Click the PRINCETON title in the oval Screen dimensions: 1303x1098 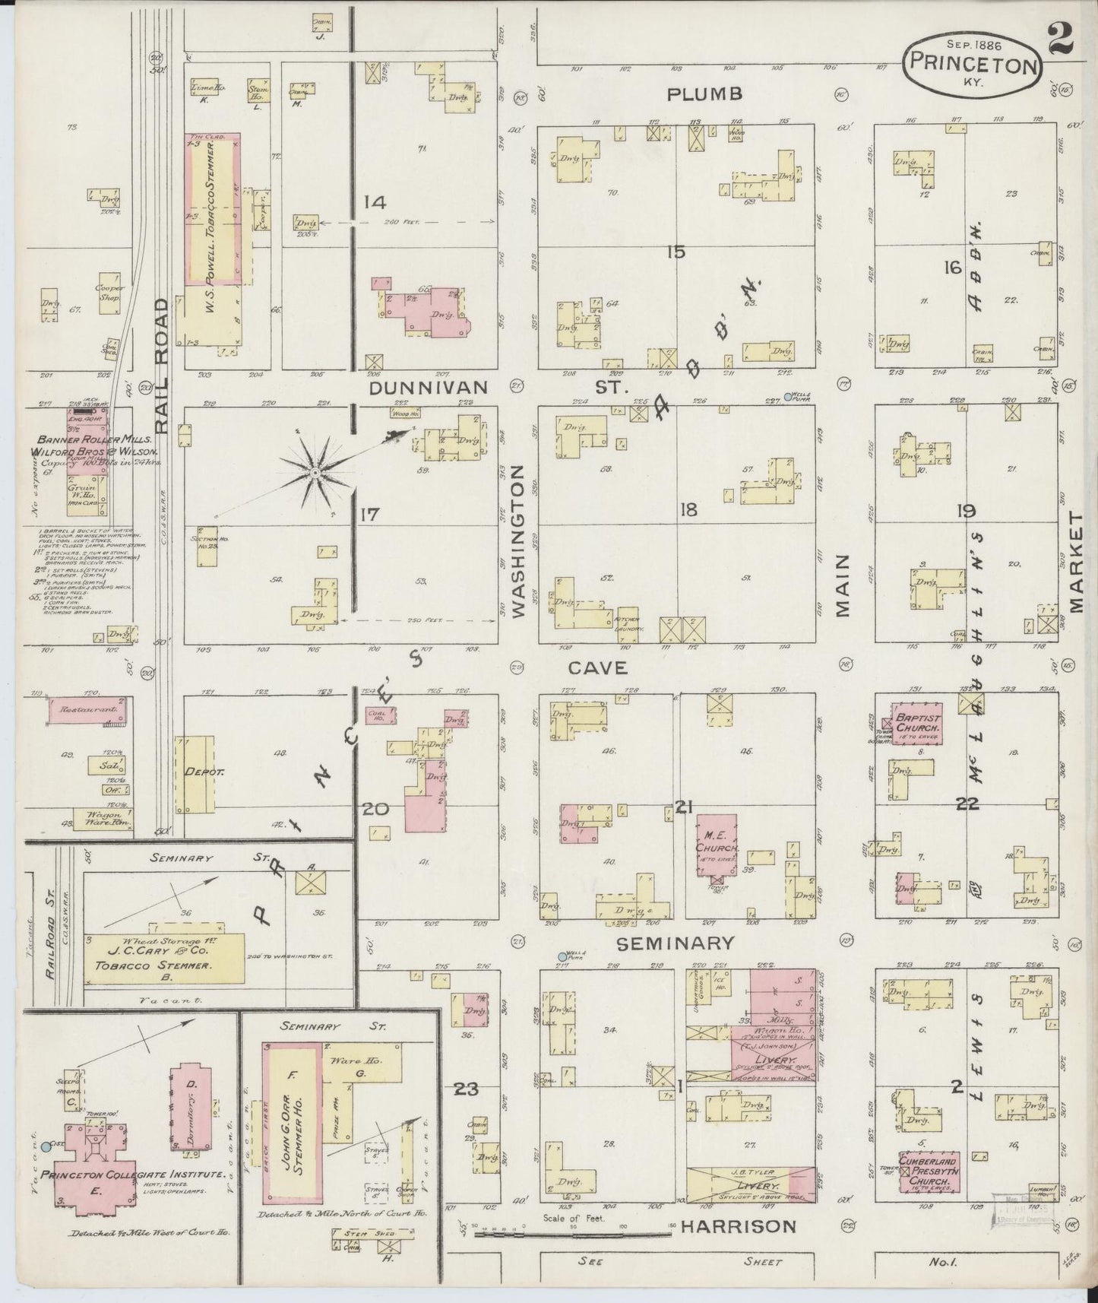coord(972,65)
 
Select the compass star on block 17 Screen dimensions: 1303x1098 coord(314,474)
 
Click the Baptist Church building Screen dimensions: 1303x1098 coord(917,722)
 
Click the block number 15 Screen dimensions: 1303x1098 coord(676,252)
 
